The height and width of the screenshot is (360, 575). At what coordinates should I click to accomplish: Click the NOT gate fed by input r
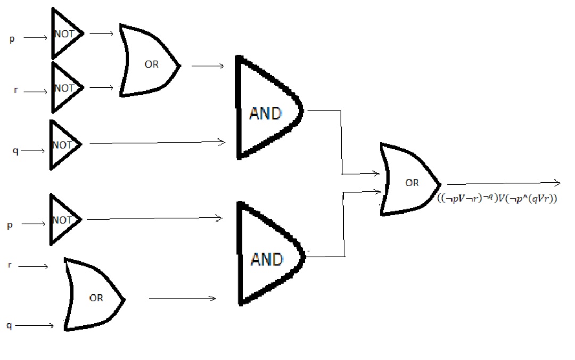click(65, 88)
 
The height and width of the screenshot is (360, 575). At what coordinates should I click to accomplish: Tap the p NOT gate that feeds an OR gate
click(65, 34)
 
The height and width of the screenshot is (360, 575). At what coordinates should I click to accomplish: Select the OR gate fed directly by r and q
click(93, 296)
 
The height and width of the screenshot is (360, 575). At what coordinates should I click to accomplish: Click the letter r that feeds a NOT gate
click(16, 90)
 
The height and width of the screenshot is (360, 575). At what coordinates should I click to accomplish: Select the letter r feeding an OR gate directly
click(10, 264)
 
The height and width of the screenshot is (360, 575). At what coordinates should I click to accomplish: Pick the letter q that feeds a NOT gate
click(15, 151)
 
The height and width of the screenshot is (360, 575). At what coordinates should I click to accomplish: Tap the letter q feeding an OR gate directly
click(9, 325)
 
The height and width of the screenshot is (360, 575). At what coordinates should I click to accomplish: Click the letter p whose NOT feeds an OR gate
click(12, 39)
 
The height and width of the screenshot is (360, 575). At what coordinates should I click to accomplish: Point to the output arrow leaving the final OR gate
click(503, 184)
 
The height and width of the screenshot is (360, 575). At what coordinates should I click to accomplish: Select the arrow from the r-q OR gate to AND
click(182, 298)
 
